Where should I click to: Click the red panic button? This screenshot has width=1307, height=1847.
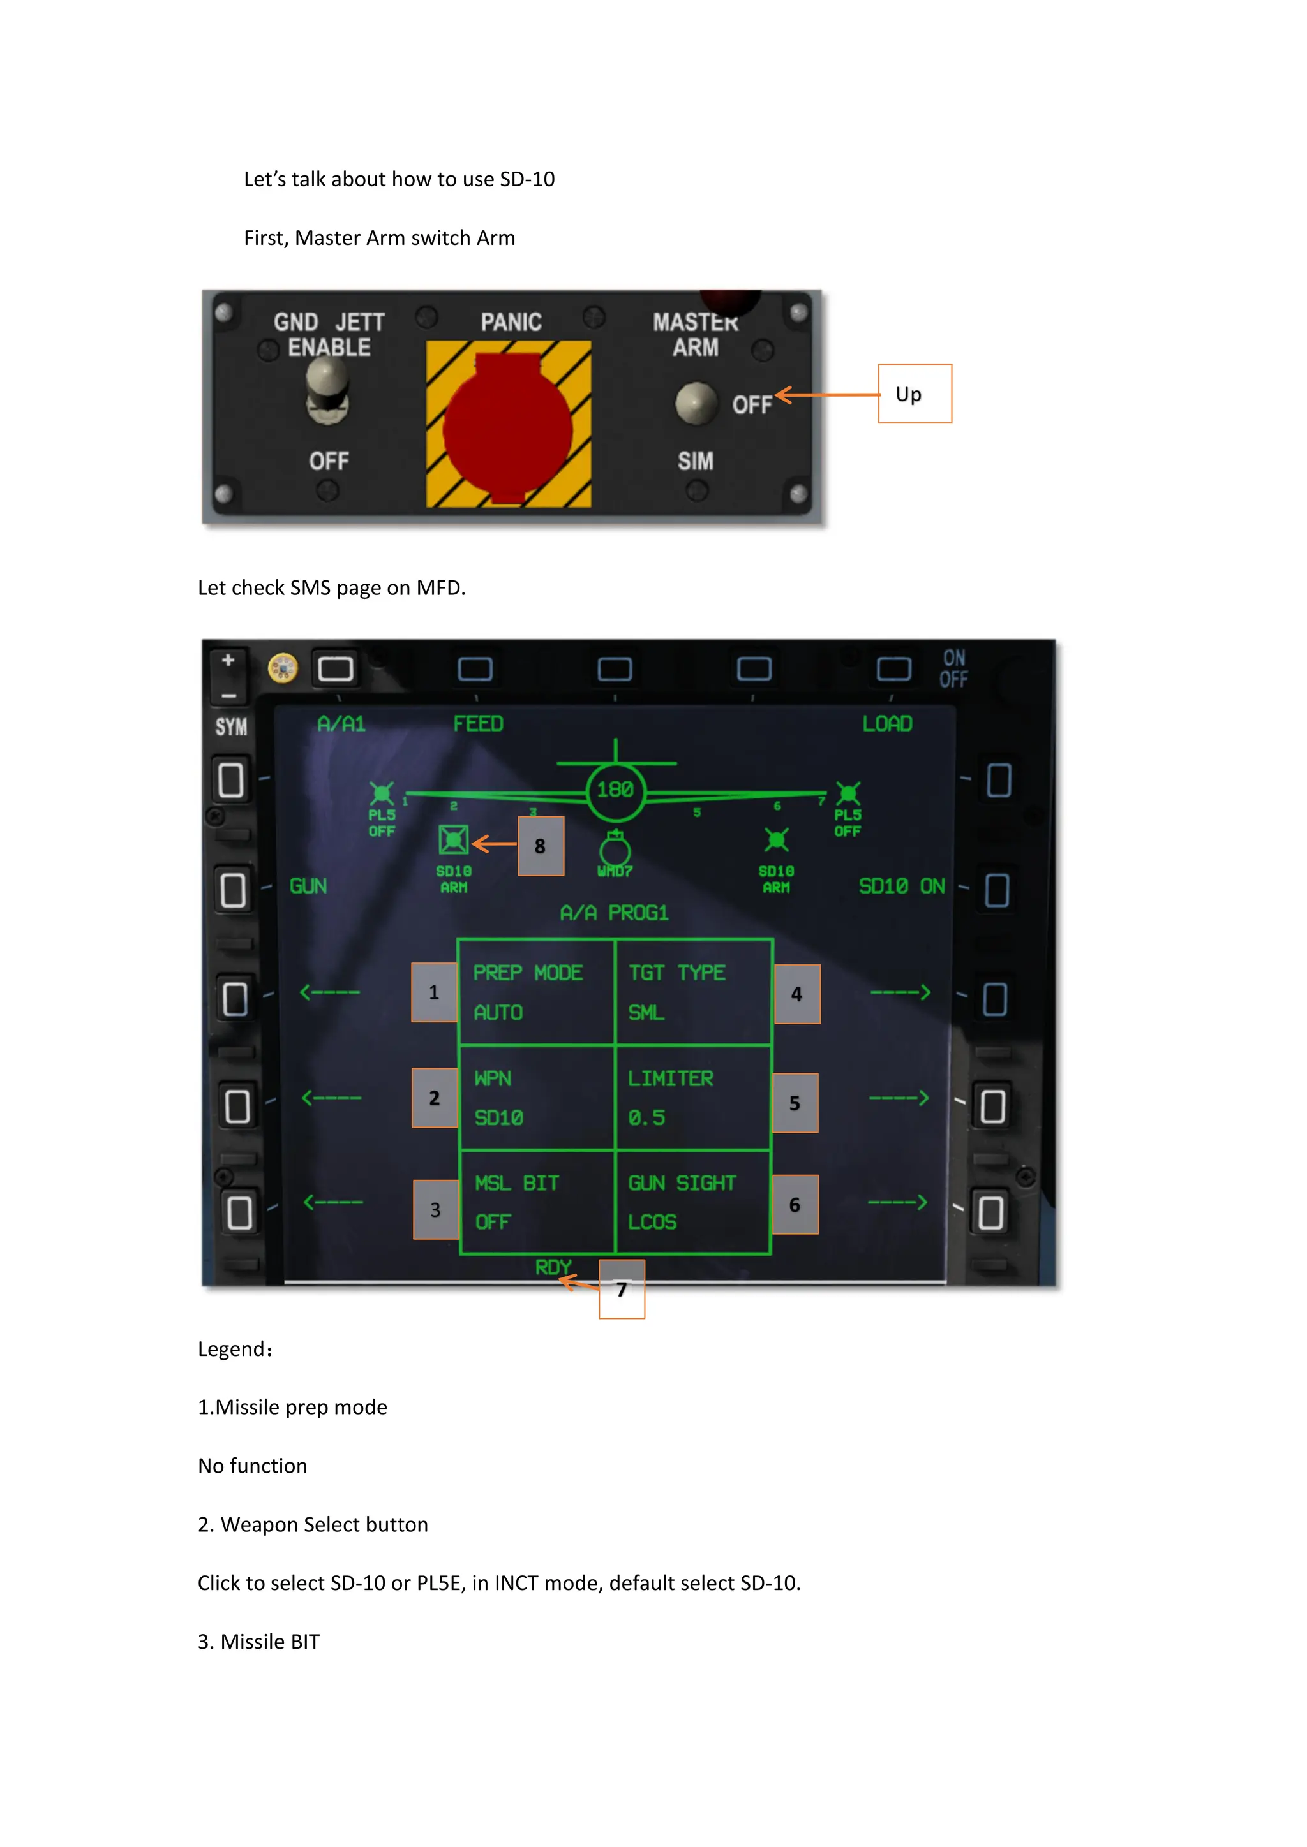[508, 425]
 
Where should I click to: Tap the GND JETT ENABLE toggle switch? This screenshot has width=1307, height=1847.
[327, 389]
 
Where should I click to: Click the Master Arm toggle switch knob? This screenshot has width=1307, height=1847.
[696, 403]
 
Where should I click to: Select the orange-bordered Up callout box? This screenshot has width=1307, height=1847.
[915, 394]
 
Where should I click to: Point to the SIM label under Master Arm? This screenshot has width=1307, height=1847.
[696, 461]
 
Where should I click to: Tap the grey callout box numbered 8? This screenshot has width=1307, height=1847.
[540, 846]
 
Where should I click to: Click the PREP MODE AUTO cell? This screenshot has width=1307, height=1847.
[536, 992]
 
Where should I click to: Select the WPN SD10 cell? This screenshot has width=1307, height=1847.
[536, 1098]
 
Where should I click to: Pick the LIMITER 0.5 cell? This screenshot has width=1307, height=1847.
[693, 1098]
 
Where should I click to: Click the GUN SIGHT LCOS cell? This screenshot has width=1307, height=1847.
[693, 1203]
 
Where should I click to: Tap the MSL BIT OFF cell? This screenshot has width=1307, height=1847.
[536, 1203]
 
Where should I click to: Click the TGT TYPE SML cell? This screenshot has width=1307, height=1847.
[693, 992]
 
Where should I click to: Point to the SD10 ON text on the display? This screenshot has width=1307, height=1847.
[901, 887]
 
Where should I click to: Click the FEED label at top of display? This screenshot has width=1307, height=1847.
[478, 724]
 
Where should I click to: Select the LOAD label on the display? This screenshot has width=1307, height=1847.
[887, 724]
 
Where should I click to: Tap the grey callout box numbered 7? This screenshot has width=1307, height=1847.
[622, 1290]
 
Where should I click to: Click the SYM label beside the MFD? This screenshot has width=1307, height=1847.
[231, 727]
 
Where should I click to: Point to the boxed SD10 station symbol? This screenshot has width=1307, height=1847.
[453, 840]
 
